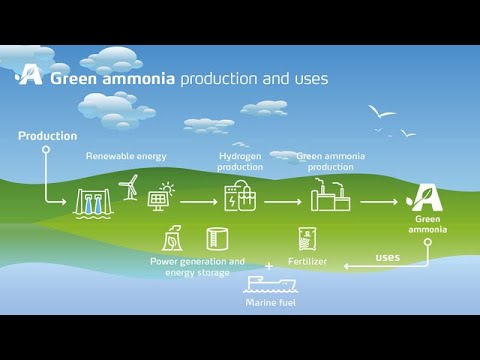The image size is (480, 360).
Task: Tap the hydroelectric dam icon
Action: [x=92, y=203]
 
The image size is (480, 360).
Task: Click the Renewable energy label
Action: [x=126, y=156]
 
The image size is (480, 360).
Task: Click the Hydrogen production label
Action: [x=240, y=161]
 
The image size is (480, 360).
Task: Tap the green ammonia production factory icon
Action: [x=330, y=197]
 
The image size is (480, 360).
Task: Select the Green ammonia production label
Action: [x=331, y=161]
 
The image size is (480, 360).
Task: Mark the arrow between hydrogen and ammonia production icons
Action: [x=283, y=201]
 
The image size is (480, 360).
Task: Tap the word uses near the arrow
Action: [x=387, y=256]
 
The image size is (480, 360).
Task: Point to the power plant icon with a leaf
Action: [x=173, y=239]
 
